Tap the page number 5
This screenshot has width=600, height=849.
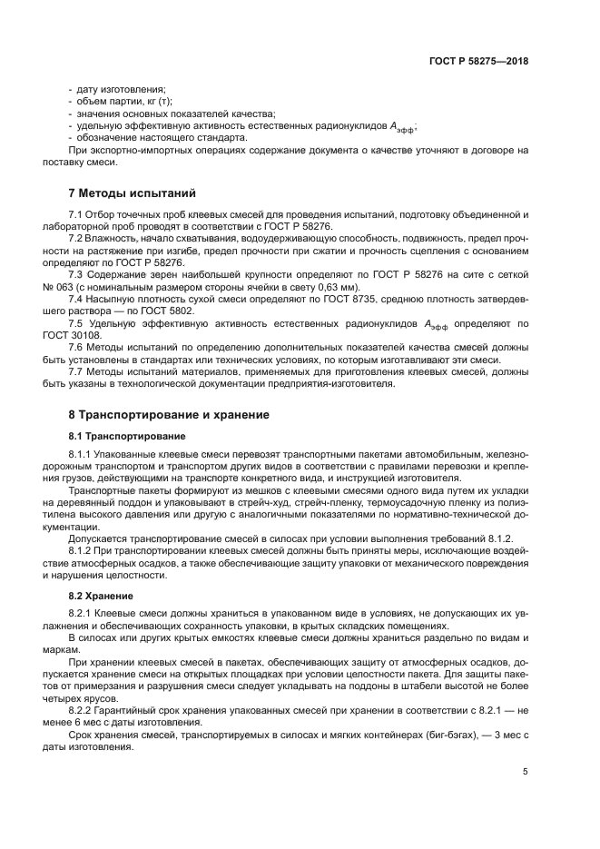tap(526, 772)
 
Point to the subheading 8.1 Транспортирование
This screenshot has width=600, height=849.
tap(123, 436)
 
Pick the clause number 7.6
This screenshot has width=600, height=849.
tap(77, 359)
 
